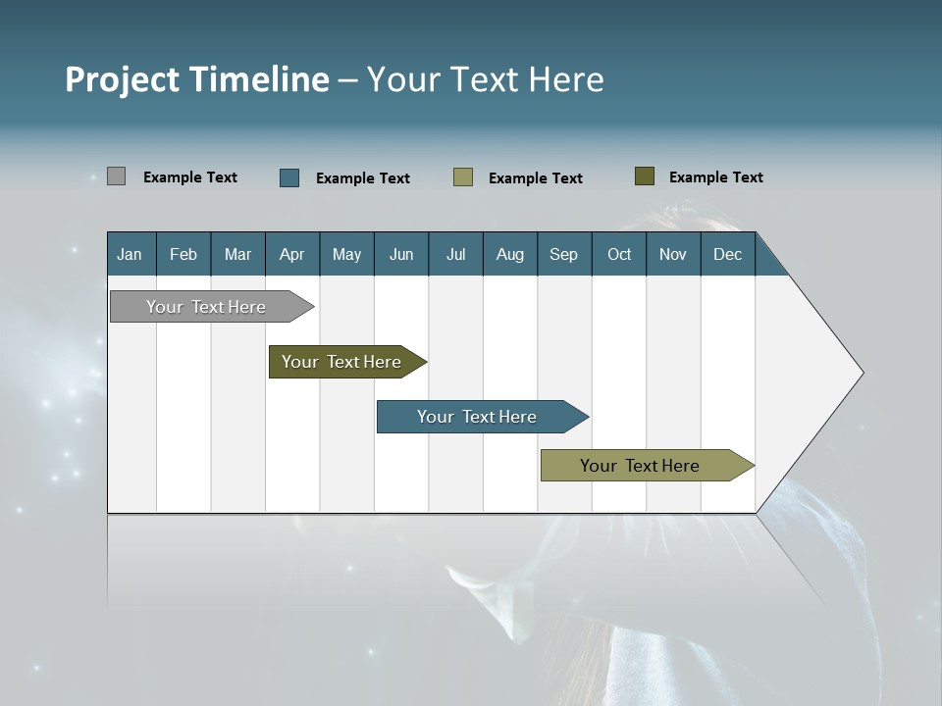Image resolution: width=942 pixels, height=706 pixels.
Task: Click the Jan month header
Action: pos(131,254)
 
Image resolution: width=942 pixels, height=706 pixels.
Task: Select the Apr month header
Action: pos(292,254)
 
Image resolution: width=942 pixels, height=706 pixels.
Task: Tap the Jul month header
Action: pos(455,254)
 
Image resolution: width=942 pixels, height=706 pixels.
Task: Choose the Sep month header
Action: pos(563,254)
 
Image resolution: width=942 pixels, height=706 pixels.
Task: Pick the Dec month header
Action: pos(727,254)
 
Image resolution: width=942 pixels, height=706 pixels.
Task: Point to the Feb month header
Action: pos(183,254)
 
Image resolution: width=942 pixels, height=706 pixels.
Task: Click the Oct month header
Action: pos(619,254)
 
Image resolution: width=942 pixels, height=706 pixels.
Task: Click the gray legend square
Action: pos(116,176)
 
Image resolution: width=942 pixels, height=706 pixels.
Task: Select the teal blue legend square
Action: pos(289,177)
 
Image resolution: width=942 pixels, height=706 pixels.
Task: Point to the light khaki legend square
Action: pos(463,177)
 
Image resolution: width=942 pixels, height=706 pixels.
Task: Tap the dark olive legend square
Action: pos(644,176)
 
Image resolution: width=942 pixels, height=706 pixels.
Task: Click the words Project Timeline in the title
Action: pos(196,79)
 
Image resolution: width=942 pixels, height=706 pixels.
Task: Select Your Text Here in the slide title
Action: pos(485,79)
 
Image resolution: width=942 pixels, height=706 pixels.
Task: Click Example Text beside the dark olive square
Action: pos(715,177)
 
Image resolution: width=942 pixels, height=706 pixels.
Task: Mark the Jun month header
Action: pos(401,254)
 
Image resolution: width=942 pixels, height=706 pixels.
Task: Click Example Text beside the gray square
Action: pos(189,177)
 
